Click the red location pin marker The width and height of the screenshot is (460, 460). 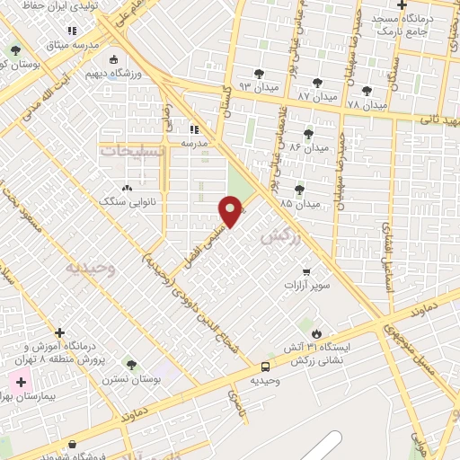tap(231, 212)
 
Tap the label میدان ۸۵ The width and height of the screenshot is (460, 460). tap(298, 204)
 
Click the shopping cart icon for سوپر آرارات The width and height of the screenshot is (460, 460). tap(307, 271)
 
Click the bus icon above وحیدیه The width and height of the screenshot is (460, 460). tap(265, 367)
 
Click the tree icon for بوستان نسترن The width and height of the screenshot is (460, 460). tap(131, 365)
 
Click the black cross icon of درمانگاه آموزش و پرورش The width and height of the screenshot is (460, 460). tap(60, 332)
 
